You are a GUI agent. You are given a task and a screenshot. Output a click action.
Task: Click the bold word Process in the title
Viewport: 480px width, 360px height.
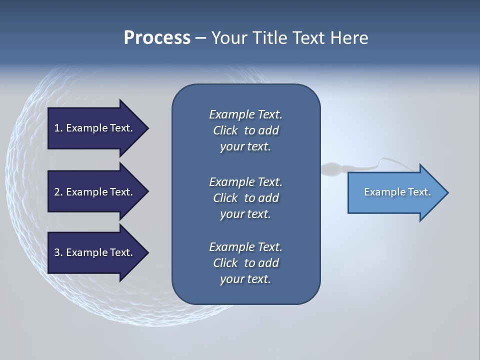[157, 38]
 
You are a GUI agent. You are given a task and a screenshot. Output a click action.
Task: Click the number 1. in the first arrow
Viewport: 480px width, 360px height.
[58, 128]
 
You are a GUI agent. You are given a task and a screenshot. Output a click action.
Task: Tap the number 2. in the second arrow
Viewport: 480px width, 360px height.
[58, 192]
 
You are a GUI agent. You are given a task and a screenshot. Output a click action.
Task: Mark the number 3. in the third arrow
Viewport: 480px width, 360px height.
[58, 252]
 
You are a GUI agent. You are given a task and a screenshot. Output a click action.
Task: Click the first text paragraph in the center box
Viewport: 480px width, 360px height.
[245, 130]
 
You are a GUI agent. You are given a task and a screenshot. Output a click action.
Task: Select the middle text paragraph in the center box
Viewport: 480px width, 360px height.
[245, 198]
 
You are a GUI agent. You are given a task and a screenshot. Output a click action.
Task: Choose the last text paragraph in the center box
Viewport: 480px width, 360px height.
[245, 263]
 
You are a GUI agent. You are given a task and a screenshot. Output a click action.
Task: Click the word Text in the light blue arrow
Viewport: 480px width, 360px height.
[419, 192]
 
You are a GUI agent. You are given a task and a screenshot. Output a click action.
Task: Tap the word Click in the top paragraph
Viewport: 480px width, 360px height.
[225, 130]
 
